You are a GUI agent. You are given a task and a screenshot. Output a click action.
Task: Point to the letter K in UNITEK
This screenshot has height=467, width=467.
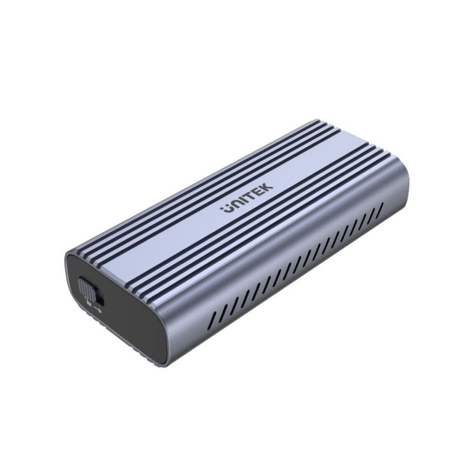pos(267,190)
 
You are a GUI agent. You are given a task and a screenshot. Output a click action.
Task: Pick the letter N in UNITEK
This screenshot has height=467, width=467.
pos(235,205)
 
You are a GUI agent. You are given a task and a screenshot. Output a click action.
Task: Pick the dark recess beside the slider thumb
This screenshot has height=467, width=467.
pos(98,292)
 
